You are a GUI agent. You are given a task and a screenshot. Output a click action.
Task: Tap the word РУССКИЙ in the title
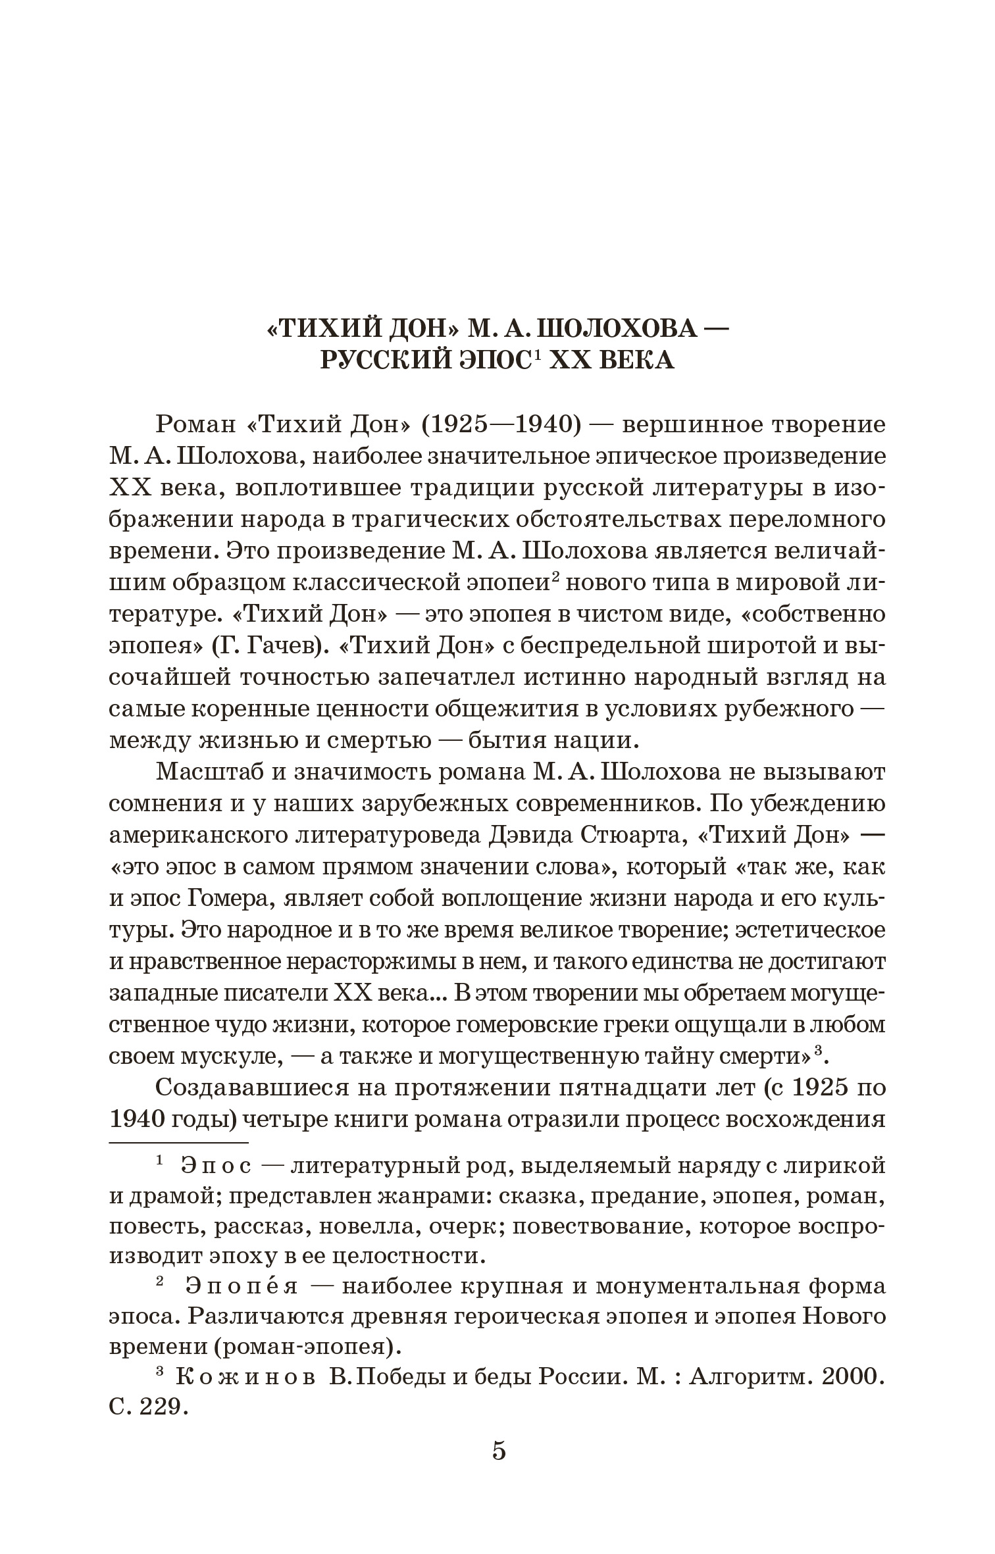coord(378,362)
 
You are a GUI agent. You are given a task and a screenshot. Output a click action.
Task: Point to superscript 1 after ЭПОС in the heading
coord(537,356)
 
